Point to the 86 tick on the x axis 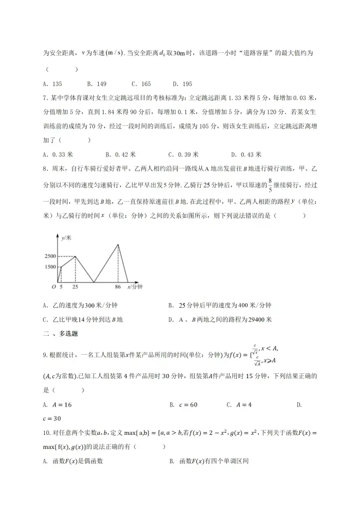click(118, 287)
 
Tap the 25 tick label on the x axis click(75, 287)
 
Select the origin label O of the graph click(53, 287)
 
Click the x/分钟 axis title click(134, 287)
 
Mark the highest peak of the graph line click(118, 244)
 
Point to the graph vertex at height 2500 click(75, 256)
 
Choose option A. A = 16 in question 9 click(57, 405)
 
